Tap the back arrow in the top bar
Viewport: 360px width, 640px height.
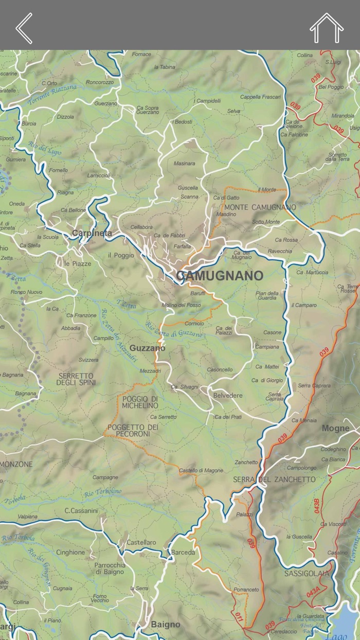coord(24,28)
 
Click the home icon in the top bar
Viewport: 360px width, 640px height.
coord(327,28)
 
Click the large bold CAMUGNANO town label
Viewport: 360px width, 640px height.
coord(220,276)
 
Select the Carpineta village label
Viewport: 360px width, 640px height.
coord(92,233)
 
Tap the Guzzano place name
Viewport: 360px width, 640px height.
coord(147,348)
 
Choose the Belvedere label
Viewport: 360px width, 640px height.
coord(228,395)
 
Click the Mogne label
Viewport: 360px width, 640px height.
coord(335,428)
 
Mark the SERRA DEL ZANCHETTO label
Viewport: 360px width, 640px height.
coord(274,479)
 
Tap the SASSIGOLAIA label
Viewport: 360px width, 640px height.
coord(307,573)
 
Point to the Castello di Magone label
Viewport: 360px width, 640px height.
coord(201,470)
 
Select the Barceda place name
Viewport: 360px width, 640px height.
coord(183,553)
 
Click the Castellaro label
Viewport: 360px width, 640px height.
coord(141,543)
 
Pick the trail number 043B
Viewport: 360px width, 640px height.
coord(317,506)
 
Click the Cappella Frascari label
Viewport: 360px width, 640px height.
coord(261,97)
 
